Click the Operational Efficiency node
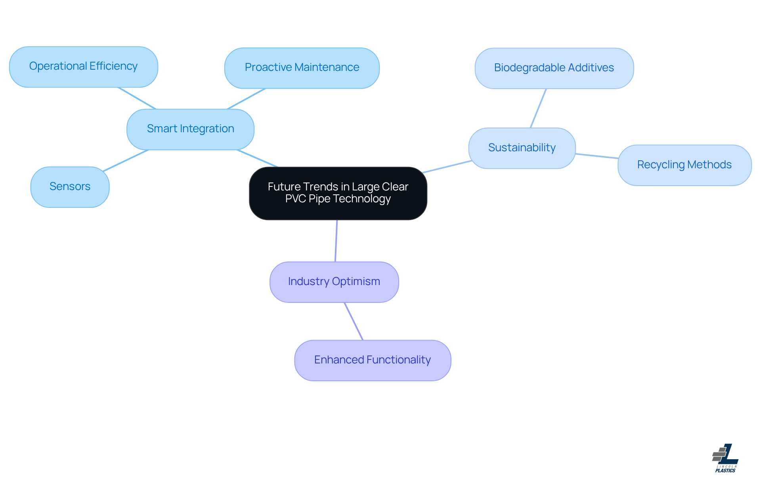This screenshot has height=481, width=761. point(84,67)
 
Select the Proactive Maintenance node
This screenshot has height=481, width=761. point(302,68)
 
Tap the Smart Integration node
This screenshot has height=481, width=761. point(190,129)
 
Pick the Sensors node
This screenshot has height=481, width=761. point(70,187)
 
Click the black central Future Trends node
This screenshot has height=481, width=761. point(338,193)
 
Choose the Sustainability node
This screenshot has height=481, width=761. point(522,148)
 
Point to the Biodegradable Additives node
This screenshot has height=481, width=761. point(554,68)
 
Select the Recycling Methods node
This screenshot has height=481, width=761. point(684,165)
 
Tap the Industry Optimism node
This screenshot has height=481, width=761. point(334,282)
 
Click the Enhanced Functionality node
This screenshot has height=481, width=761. point(372,360)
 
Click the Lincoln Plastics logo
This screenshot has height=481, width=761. point(725,458)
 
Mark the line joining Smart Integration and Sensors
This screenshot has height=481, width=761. point(126,160)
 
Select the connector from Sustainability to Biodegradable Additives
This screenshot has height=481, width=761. point(538,108)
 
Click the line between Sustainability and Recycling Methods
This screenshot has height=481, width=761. point(597,156)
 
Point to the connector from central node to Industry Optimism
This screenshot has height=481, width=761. point(336,241)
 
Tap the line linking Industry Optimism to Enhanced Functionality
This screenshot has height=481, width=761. point(354,321)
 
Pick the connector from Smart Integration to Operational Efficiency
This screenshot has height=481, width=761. point(137,98)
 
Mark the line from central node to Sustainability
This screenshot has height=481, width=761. point(447,167)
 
